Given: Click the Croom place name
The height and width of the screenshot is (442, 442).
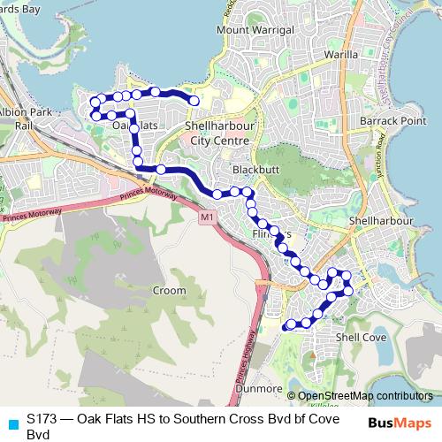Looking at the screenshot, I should pyautogui.click(x=169, y=290).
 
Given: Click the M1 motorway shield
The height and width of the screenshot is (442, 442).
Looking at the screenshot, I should pyautogui.click(x=207, y=217).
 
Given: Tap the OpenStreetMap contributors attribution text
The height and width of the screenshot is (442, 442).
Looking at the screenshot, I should pyautogui.click(x=364, y=396).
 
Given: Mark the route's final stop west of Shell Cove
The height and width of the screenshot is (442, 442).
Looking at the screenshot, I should pyautogui.click(x=286, y=327).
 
